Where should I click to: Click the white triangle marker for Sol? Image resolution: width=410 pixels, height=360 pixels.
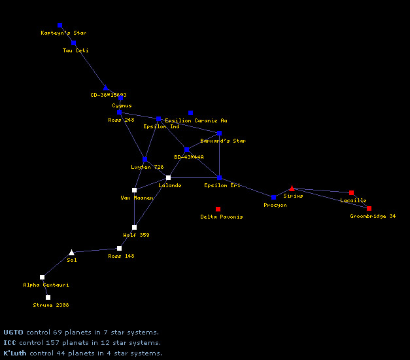72,252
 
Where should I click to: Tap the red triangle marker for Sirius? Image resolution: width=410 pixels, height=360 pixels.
292,189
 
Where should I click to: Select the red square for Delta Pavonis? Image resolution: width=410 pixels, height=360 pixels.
218,209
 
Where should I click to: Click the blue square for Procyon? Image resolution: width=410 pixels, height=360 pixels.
273,197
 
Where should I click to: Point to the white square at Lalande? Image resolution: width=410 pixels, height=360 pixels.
168,177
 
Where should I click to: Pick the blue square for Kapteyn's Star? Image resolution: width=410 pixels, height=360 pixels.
60,26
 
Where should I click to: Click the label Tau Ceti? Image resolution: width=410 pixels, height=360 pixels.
75,50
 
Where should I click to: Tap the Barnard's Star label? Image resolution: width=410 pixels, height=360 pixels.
223,141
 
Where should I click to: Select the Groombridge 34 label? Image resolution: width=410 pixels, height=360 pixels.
373,216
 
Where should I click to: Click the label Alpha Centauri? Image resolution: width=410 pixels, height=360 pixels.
46,285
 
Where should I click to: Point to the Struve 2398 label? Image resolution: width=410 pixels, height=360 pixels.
51,305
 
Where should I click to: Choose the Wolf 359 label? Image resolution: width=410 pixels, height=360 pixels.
136,235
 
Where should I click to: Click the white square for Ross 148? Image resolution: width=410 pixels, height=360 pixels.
119,248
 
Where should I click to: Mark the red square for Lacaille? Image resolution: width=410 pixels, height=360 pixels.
351,192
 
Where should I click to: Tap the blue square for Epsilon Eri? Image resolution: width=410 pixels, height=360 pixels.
219,177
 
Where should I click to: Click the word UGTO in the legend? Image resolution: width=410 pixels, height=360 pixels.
10,333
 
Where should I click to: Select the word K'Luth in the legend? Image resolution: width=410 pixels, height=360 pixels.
14,353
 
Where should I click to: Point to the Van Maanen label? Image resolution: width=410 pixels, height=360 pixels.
137,198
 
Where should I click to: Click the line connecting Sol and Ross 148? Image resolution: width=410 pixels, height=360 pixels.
95,250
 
